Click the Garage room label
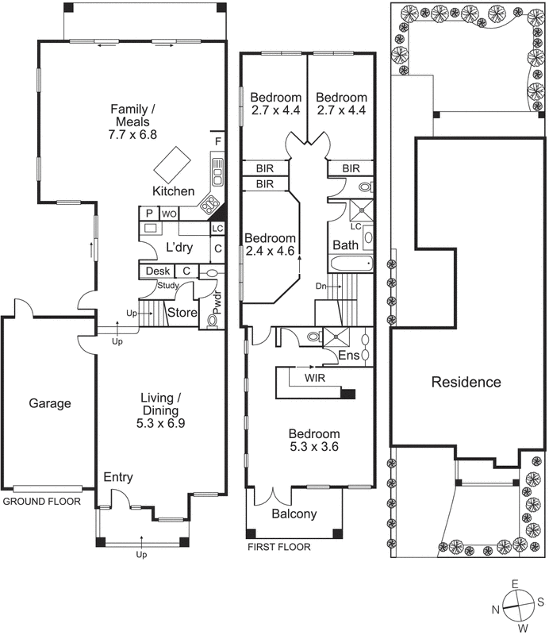50,403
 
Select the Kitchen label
173,191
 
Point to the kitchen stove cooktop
212,206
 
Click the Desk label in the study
155,271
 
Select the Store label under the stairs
182,313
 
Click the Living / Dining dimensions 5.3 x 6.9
162,425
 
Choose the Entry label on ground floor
118,477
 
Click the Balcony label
294,514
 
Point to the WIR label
315,378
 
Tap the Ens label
348,355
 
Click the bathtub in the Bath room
345,266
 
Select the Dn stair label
321,285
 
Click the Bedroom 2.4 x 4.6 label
270,244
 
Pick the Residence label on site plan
466,382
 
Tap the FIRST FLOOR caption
278,547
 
